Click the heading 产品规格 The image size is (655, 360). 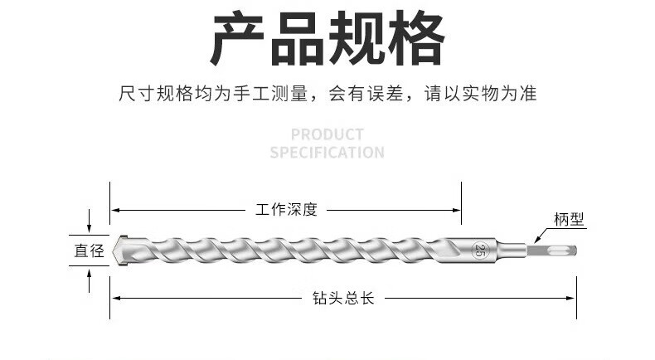327,39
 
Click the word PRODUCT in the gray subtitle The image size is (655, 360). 327,134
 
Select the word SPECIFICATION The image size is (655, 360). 327,153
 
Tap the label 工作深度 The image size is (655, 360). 287,209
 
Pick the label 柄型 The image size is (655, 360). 570,220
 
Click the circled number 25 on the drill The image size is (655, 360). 478,250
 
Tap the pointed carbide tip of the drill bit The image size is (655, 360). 121,249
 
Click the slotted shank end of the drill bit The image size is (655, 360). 556,250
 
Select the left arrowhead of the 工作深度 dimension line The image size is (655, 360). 115,209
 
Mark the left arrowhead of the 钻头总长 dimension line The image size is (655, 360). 115,298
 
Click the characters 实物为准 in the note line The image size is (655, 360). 507,93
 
